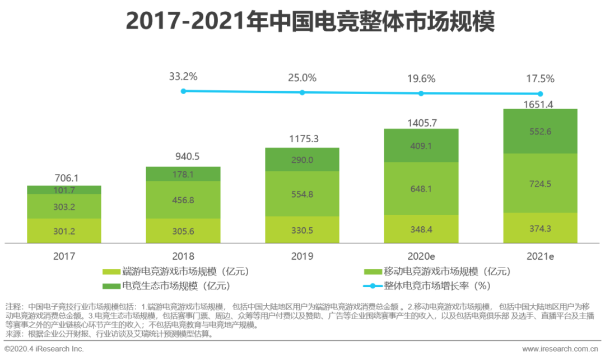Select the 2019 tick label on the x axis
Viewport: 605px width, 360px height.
(302, 256)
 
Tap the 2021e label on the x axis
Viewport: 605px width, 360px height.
(540, 256)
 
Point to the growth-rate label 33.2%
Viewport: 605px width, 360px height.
(183, 77)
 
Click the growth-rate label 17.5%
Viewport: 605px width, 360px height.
(541, 79)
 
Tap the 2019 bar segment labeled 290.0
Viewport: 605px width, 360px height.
(302, 160)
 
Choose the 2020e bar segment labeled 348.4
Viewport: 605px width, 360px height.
(421, 230)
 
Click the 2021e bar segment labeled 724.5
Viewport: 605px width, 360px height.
(540, 183)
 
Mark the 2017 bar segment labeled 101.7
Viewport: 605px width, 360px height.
(64, 190)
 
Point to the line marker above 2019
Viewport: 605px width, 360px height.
(302, 92)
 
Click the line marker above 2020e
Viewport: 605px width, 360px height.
(421, 93)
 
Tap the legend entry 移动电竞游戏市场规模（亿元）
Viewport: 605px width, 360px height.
(437, 272)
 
